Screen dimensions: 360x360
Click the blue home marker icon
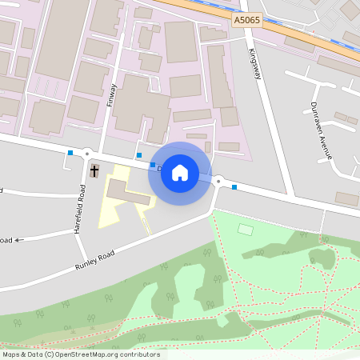(x=180, y=173)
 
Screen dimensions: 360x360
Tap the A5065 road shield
(x=246, y=18)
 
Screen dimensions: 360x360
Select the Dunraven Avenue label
(x=321, y=130)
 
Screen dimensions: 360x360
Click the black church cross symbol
(x=94, y=170)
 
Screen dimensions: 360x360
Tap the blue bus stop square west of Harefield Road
(x=70, y=153)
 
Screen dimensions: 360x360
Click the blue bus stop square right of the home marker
(x=234, y=187)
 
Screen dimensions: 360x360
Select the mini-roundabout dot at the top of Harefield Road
(x=87, y=154)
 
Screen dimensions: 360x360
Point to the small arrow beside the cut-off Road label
(x=19, y=239)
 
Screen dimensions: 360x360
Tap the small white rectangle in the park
(x=246, y=230)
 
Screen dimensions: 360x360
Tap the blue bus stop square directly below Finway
(x=139, y=155)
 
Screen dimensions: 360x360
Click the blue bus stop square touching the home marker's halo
(x=152, y=163)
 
